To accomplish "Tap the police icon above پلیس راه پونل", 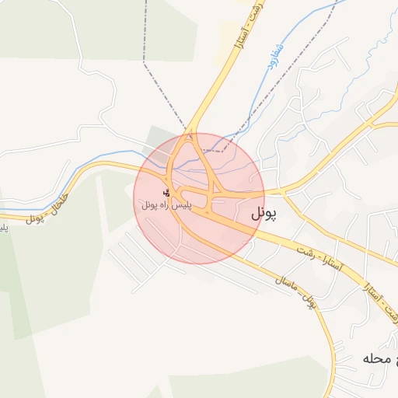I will [x=166, y=192].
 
